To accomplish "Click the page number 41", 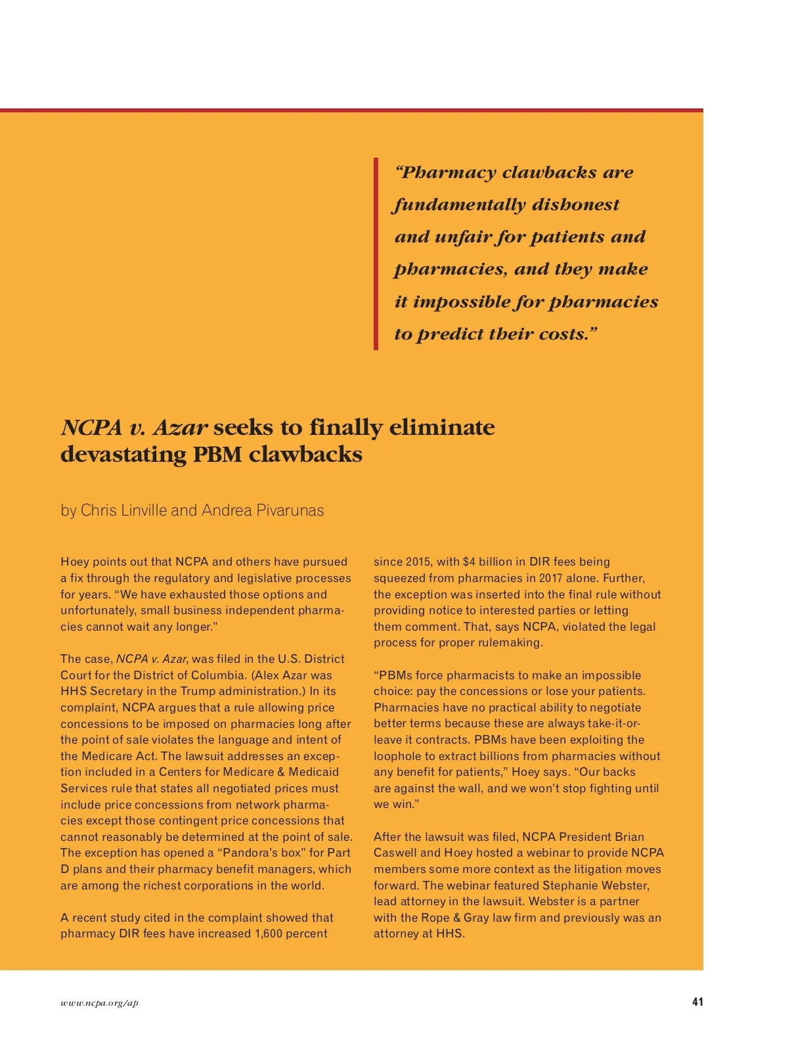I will (x=697, y=1002).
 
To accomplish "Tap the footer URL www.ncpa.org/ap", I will (x=99, y=1003).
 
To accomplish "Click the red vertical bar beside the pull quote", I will (x=376, y=254).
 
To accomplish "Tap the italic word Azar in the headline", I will (x=181, y=428).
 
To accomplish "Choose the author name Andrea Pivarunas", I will (x=263, y=510).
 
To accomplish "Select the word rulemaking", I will (x=510, y=642).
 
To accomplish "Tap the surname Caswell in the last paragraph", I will (x=395, y=853).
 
